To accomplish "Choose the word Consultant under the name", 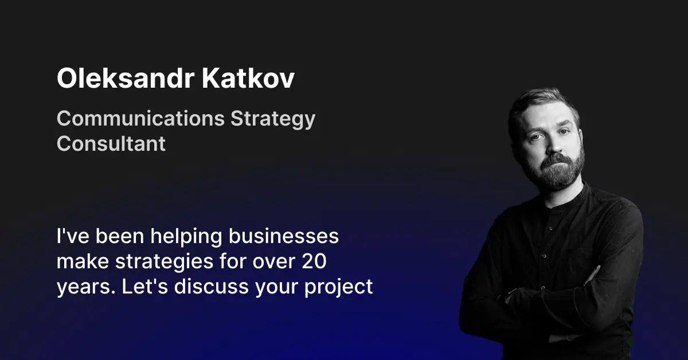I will click(x=111, y=143).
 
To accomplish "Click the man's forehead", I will click(x=545, y=115).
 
